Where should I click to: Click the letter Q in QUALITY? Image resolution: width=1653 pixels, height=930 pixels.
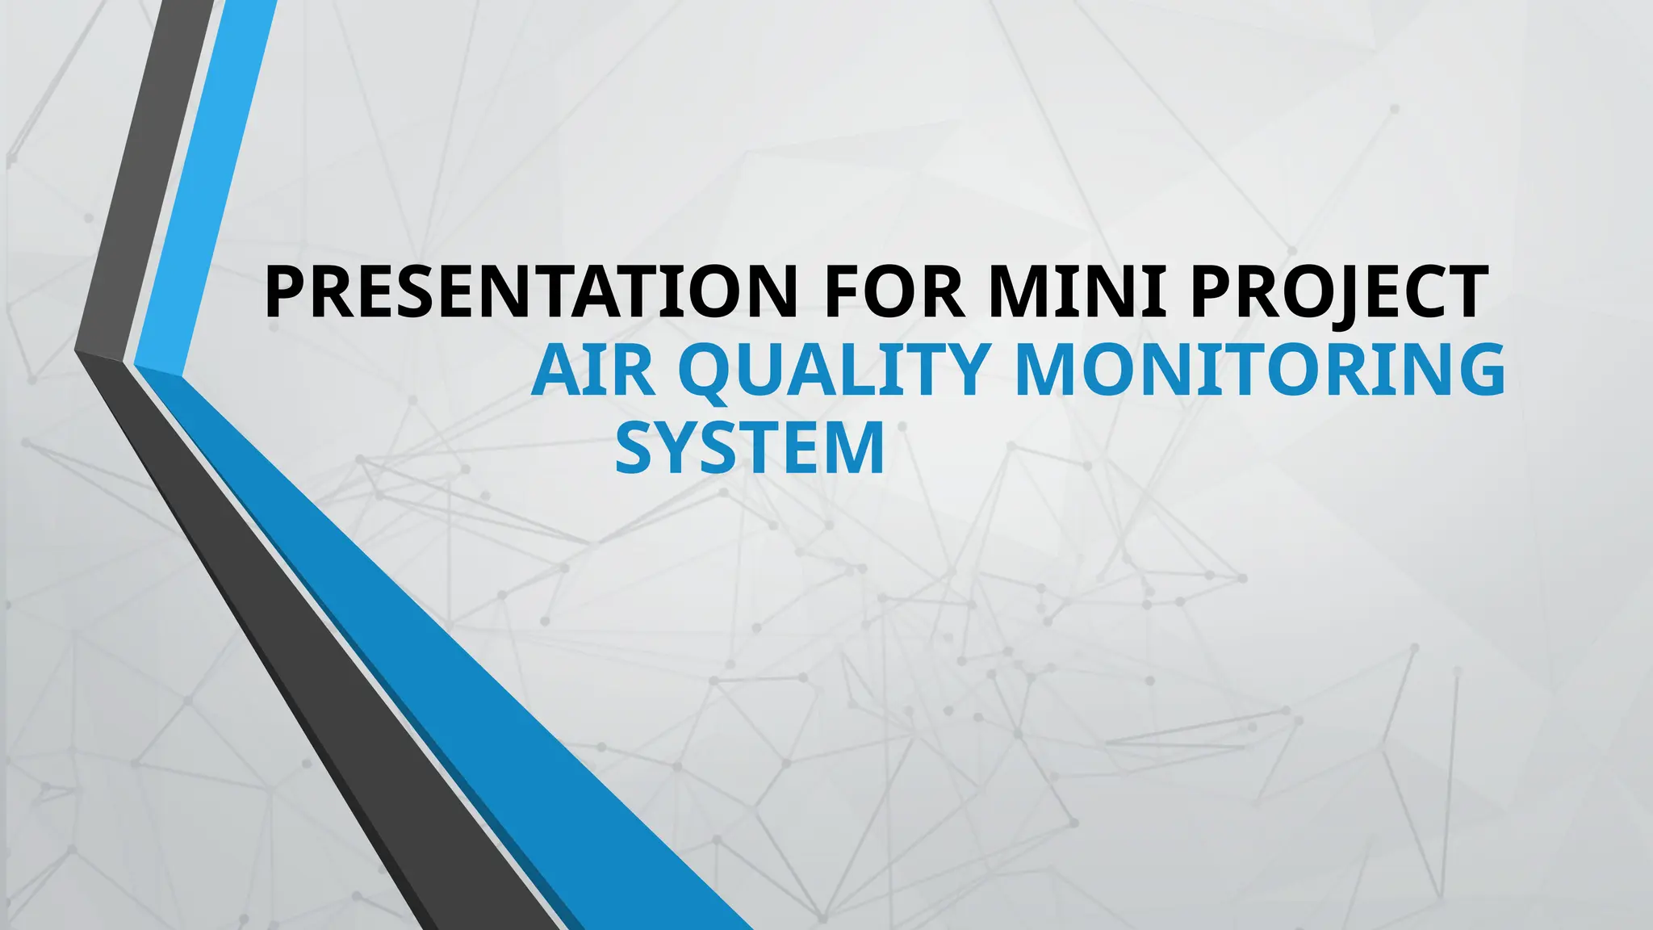718,371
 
